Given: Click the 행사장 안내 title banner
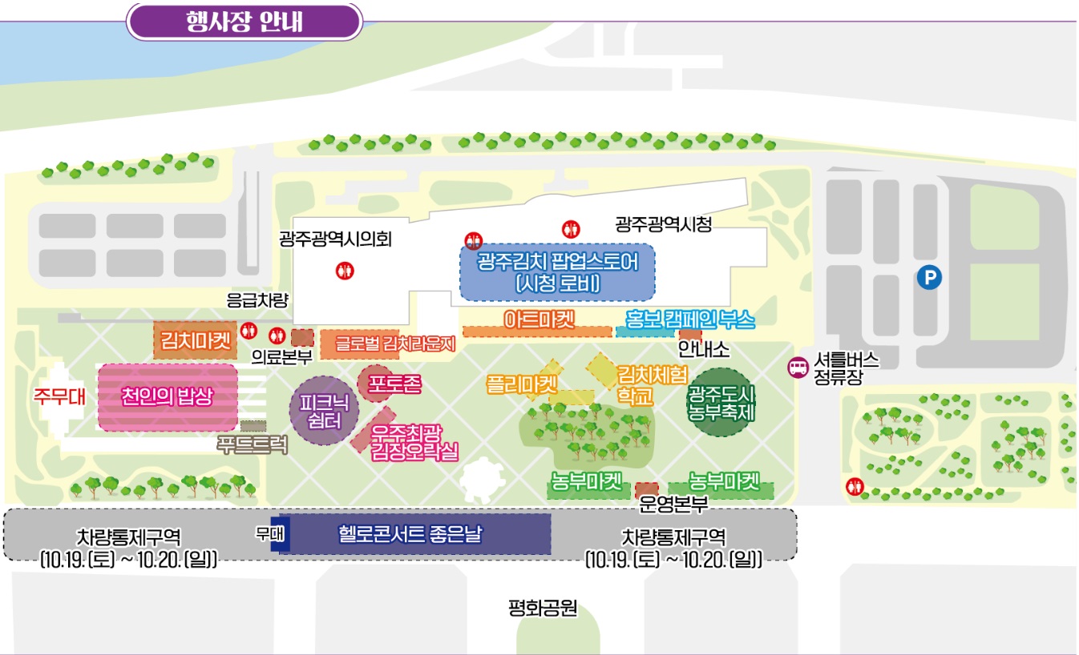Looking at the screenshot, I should [244, 21].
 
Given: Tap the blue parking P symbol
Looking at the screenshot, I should [929, 278].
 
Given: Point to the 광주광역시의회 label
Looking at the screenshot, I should [335, 239].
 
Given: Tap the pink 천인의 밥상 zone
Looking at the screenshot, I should [168, 397].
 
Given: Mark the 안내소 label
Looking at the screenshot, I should [703, 350].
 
